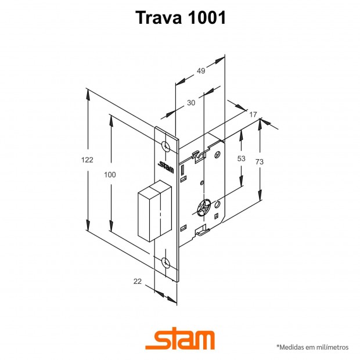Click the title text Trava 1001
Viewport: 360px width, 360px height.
pyautogui.click(x=181, y=17)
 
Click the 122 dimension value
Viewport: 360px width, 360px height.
pyautogui.click(x=87, y=160)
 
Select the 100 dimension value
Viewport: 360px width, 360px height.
pyautogui.click(x=110, y=175)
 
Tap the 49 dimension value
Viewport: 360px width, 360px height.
pyautogui.click(x=201, y=71)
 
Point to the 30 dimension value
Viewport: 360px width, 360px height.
pyautogui.click(x=191, y=103)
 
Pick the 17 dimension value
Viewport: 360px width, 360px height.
pyautogui.click(x=253, y=114)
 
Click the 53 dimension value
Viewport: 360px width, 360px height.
pyautogui.click(x=242, y=159)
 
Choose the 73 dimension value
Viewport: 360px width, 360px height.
pyautogui.click(x=260, y=161)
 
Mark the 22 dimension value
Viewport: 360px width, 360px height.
pyautogui.click(x=138, y=281)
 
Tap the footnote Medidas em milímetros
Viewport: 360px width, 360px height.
pyautogui.click(x=312, y=347)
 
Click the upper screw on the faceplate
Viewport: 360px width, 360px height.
pyautogui.click(x=165, y=146)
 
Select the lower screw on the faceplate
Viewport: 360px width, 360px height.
pyautogui.click(x=165, y=262)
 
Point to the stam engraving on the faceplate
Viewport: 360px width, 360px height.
pyautogui.click(x=166, y=167)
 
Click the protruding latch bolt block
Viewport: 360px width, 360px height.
pyautogui.click(x=155, y=211)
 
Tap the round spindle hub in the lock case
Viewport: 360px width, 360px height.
pyautogui.click(x=204, y=207)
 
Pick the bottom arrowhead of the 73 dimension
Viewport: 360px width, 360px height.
pyautogui.click(x=260, y=195)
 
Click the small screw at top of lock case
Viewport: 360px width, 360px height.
pyautogui.click(x=217, y=154)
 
